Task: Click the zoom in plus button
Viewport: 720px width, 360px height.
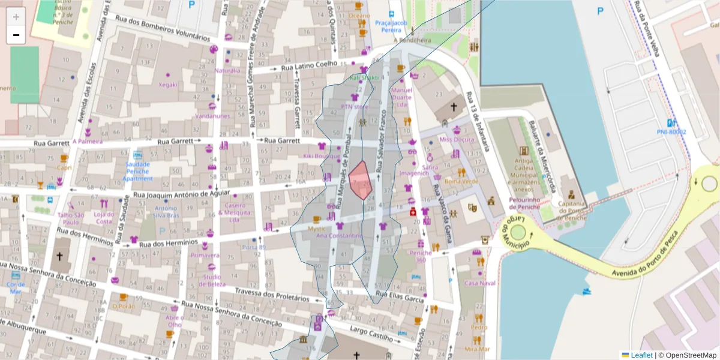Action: [16, 17]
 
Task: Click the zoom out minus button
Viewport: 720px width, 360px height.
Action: [16, 35]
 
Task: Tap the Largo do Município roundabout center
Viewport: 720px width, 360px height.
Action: [518, 231]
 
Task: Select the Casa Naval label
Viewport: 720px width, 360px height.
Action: [480, 283]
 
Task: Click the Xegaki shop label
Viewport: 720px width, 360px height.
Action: [167, 85]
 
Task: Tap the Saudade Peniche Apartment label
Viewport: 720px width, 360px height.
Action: [137, 172]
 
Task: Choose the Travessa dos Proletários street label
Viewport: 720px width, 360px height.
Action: [272, 295]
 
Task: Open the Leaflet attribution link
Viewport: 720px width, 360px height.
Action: [641, 355]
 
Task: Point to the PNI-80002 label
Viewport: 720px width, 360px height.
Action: [671, 131]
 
